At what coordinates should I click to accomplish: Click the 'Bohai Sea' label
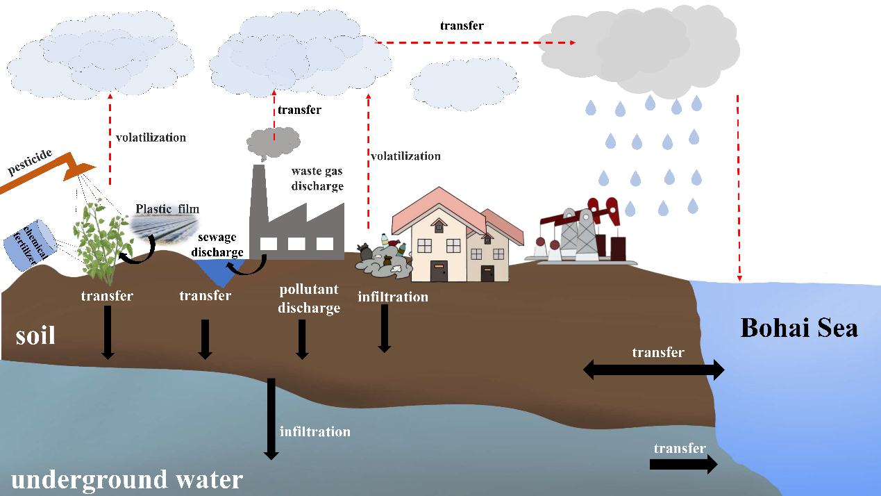click(x=799, y=327)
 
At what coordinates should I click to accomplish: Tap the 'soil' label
click(x=35, y=336)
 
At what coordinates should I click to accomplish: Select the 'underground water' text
click(x=126, y=479)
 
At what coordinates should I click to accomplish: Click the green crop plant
click(x=106, y=240)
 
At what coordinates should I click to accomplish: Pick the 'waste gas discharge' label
click(x=317, y=178)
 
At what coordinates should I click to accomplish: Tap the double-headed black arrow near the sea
click(x=653, y=370)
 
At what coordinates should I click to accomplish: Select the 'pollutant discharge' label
click(x=309, y=298)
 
